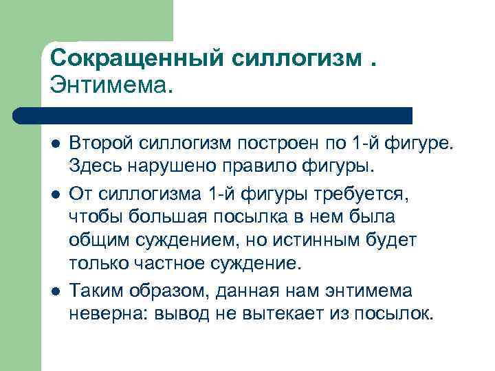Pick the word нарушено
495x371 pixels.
pyautogui.click(x=157, y=166)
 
